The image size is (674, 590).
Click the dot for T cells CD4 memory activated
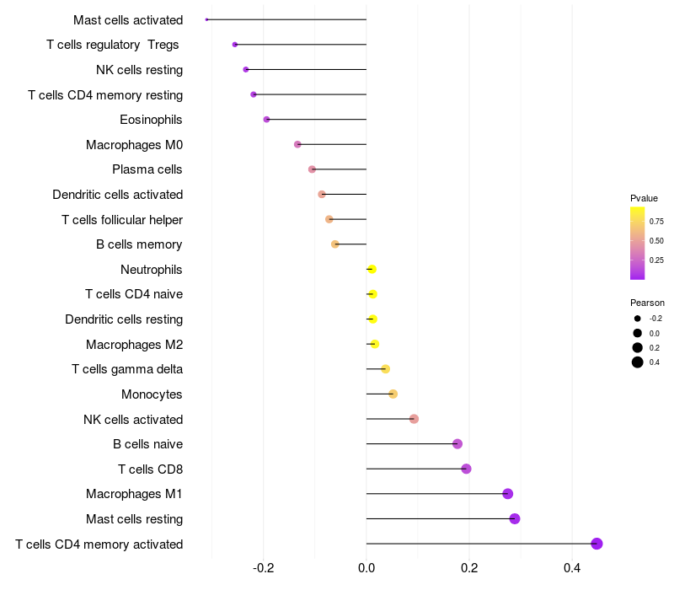(x=596, y=544)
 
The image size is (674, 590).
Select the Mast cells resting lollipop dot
(x=515, y=518)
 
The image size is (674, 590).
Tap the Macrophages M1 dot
(x=508, y=494)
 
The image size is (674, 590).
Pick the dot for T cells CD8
(x=466, y=469)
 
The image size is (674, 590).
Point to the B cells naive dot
(x=457, y=444)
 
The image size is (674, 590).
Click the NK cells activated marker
(x=414, y=419)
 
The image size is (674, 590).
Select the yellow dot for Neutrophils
(x=372, y=269)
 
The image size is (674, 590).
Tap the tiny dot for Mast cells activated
(x=206, y=19)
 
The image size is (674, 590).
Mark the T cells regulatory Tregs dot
(x=235, y=45)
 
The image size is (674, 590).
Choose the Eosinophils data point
(x=266, y=120)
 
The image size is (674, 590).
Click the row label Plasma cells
(x=147, y=169)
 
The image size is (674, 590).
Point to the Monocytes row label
(x=152, y=394)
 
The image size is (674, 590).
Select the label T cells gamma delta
(x=127, y=369)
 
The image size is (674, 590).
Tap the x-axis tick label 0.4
(x=572, y=568)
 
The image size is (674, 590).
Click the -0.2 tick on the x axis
(x=263, y=568)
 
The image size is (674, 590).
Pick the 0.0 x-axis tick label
(x=366, y=568)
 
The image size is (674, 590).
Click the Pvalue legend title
(x=644, y=198)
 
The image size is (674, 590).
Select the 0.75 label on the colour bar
(x=656, y=222)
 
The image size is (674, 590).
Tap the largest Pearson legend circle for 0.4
(x=638, y=362)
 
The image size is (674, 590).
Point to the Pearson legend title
(x=647, y=303)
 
